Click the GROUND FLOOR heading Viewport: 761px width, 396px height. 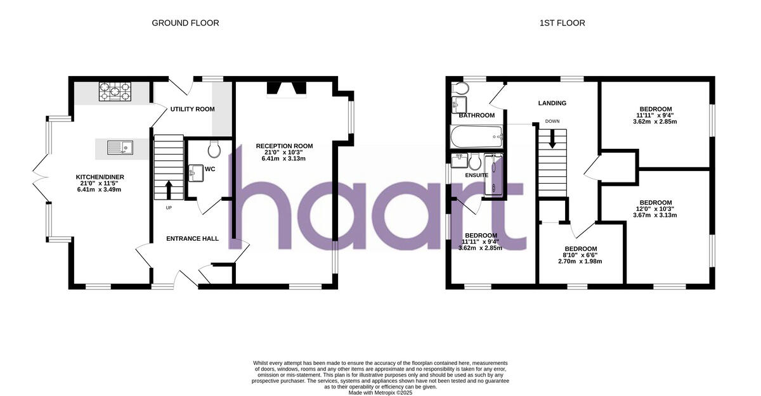click(x=185, y=23)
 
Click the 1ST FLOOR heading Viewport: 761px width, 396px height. click(x=562, y=23)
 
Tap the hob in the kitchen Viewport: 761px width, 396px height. click(x=115, y=93)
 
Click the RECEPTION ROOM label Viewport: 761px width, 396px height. click(x=284, y=146)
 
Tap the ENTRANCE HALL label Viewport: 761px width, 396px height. click(x=192, y=239)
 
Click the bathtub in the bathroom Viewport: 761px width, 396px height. click(x=476, y=135)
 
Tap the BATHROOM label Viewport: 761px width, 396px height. click(x=476, y=115)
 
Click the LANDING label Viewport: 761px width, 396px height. click(x=552, y=103)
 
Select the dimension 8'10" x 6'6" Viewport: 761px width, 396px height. click(x=580, y=255)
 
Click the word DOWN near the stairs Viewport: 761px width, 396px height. click(x=552, y=121)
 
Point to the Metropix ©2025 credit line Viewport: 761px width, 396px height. click(x=380, y=393)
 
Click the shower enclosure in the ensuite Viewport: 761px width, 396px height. click(x=493, y=174)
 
